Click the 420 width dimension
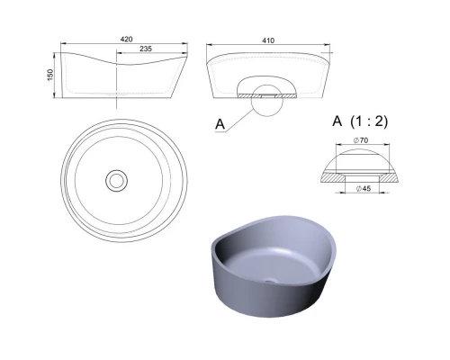click(x=126, y=40)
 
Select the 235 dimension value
click(x=146, y=49)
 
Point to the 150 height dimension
click(x=50, y=75)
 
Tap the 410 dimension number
click(x=268, y=40)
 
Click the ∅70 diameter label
click(x=361, y=140)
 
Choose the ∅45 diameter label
click(x=364, y=188)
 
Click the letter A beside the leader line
click(x=220, y=124)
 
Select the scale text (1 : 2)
click(x=369, y=121)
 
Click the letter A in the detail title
click(x=337, y=121)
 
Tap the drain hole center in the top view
click(x=116, y=181)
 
